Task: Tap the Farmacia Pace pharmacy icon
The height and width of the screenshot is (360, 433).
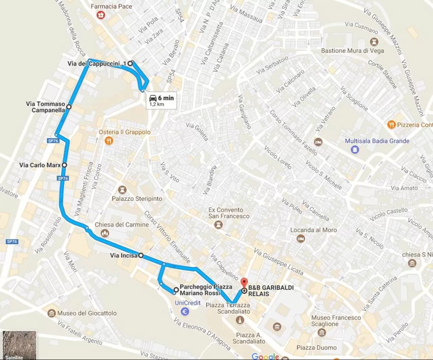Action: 100,15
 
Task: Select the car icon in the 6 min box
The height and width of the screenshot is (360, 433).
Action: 153,98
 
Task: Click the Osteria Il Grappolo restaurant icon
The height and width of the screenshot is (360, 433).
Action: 109,140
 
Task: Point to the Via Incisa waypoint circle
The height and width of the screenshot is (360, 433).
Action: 141,255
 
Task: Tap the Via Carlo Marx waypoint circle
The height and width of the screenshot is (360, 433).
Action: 64,165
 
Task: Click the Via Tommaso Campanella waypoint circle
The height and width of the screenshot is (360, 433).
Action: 69,107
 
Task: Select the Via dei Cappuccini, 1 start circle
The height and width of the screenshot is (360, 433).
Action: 130,63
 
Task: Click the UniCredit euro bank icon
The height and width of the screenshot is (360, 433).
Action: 185,311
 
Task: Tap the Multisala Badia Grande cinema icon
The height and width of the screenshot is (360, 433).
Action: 355,149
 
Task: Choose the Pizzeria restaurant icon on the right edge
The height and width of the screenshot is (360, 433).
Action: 391,125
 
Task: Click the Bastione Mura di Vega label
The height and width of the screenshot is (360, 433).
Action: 352,51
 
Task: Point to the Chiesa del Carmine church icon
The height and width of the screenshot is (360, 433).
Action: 105,233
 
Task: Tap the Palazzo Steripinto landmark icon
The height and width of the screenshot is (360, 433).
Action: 122,190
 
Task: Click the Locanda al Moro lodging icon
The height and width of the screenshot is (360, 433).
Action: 300,239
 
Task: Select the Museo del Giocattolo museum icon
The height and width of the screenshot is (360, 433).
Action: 51,313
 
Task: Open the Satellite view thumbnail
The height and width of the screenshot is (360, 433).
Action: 19,345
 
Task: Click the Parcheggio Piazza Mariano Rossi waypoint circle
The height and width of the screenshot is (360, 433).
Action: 176,290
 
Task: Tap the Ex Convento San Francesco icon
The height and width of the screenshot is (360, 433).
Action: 219,225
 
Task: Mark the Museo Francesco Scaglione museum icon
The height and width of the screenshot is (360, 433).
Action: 322,332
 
